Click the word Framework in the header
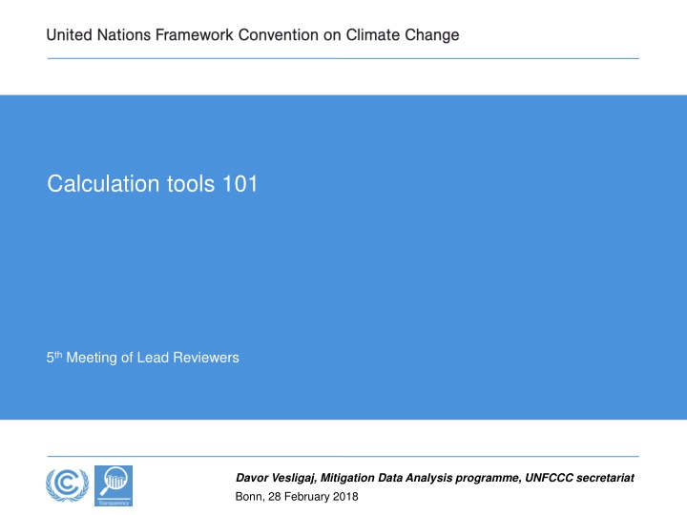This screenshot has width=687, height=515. (x=194, y=34)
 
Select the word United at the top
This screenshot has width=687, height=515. (x=70, y=34)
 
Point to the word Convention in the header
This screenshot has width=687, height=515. (x=279, y=34)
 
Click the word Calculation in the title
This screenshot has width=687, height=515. (x=103, y=183)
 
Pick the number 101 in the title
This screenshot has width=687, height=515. (x=240, y=183)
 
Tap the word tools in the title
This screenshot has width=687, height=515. (x=191, y=183)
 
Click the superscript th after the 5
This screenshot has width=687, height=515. (x=58, y=354)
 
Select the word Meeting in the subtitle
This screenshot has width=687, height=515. (x=92, y=358)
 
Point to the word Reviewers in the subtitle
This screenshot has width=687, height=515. (x=206, y=358)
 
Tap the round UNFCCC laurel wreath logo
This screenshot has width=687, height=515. (x=67, y=484)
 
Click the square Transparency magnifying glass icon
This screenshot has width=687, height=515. (x=114, y=485)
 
